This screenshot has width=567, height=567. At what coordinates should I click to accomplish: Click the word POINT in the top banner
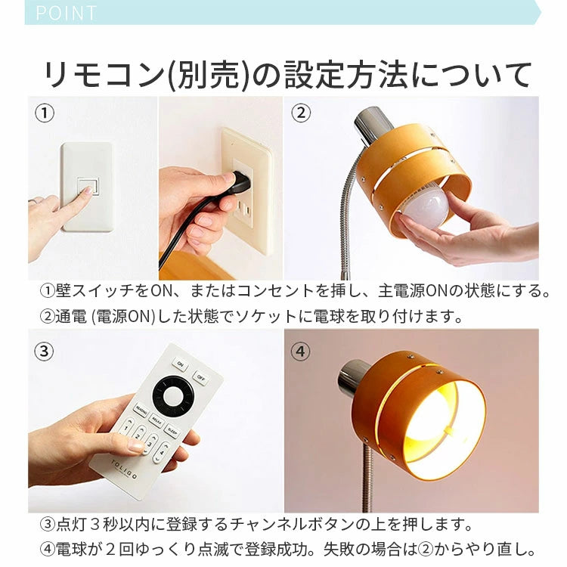click(x=67, y=13)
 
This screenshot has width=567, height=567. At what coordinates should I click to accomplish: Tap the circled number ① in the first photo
click(x=45, y=113)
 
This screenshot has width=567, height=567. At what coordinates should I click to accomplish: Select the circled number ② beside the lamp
click(x=301, y=113)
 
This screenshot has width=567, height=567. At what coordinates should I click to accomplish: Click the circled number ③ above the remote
click(x=45, y=350)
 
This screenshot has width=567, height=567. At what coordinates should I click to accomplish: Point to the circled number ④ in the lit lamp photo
click(x=301, y=350)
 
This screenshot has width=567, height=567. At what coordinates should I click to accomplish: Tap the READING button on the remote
click(x=141, y=411)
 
